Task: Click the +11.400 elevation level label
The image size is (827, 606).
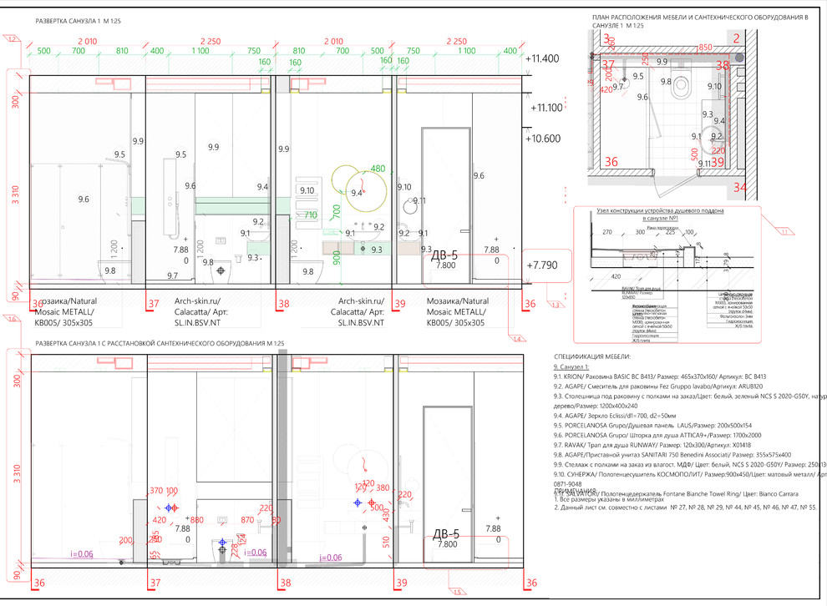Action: pos(543,58)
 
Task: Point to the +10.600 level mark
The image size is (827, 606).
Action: pos(543,139)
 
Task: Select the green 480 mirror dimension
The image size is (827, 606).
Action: pos(378,169)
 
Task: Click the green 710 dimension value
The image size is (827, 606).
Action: pos(309,215)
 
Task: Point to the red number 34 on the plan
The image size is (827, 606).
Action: pos(740,187)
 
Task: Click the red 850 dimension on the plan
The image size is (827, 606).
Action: pos(706,48)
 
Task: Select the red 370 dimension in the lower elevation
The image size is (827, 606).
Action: pos(156,491)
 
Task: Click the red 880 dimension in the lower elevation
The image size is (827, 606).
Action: pos(197,519)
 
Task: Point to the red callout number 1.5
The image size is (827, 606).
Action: pos(458,592)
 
